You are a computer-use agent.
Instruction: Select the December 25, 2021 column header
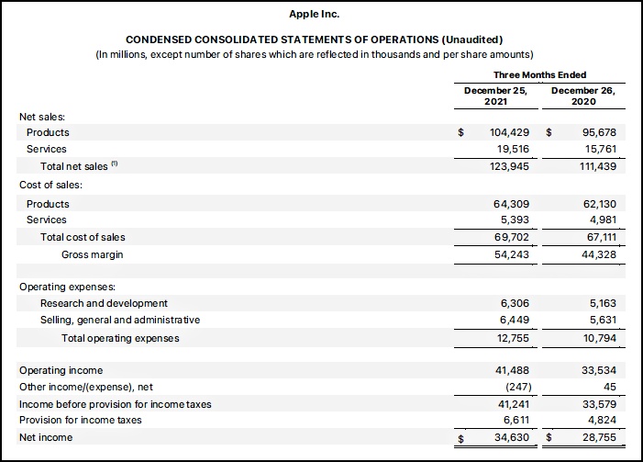[x=495, y=96]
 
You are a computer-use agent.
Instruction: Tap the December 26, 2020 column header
[x=582, y=96]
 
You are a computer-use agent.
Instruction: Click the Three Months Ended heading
[x=539, y=74]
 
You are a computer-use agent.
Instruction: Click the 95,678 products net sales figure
[x=597, y=132]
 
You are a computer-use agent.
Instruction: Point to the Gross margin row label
[x=92, y=254]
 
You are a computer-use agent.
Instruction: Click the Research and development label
[x=104, y=303]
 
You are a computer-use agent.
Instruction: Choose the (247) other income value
[x=515, y=387]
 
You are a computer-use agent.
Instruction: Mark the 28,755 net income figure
[x=597, y=438]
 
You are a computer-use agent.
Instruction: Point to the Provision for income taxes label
[x=81, y=421]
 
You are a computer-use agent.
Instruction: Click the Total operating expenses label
[x=120, y=338]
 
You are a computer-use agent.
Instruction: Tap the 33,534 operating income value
[x=597, y=370]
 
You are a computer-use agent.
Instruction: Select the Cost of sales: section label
[x=50, y=185]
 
